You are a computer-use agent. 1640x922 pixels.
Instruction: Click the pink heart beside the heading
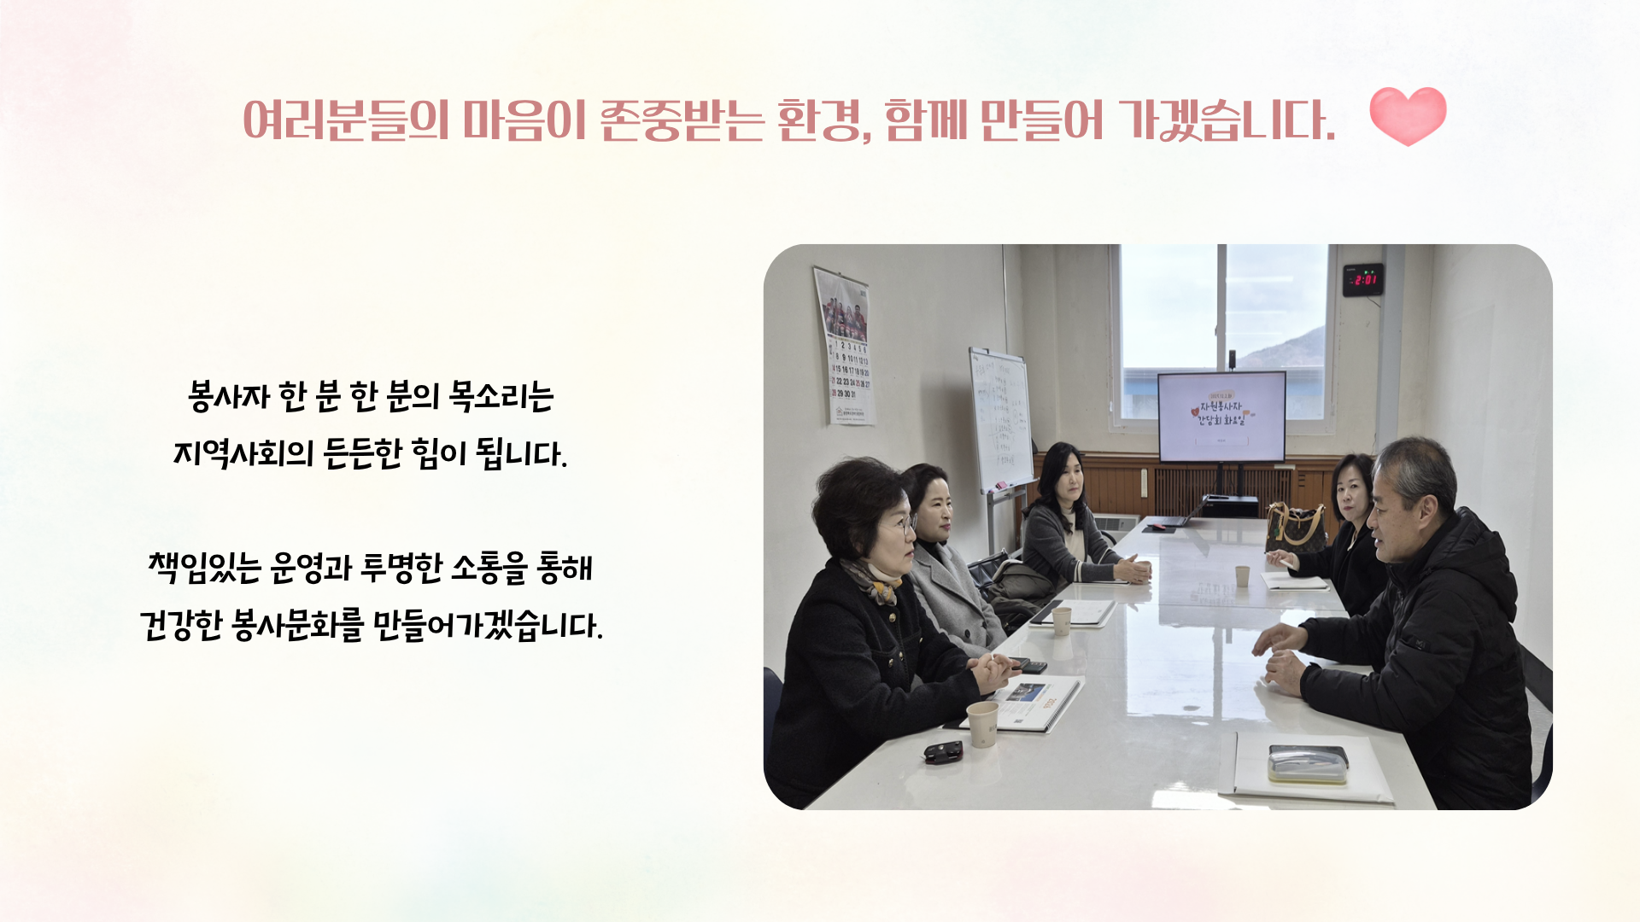[1408, 115]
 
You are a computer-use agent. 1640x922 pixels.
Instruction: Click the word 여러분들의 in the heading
[346, 120]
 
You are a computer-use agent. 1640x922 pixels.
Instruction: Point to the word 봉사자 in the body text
[229, 396]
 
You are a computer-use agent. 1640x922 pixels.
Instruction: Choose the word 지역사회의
[243, 453]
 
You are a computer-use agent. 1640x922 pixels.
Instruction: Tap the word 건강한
[180, 625]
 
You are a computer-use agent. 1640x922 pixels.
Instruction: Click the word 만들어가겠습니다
[488, 625]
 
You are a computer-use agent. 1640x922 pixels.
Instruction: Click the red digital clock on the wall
[1363, 280]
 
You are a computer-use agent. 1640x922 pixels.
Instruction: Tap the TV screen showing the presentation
[1221, 417]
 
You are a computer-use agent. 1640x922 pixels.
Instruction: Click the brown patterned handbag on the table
[1295, 528]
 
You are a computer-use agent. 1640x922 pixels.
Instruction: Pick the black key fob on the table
[943, 752]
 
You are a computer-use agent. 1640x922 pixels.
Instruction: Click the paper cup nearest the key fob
[982, 724]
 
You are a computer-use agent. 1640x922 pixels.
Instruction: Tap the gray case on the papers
[1308, 764]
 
